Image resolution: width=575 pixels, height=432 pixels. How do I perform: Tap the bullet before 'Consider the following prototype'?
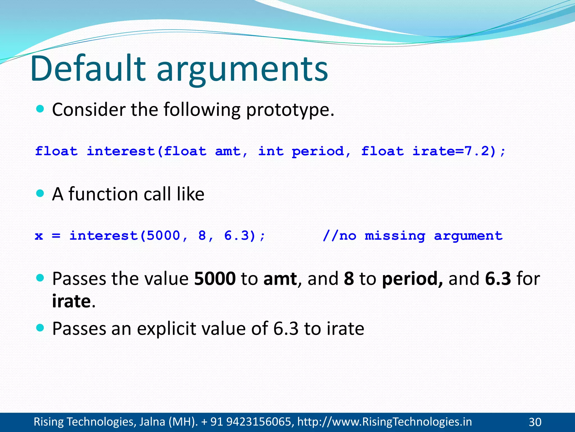click(x=40, y=109)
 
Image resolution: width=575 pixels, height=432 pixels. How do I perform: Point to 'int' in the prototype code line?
click(x=271, y=151)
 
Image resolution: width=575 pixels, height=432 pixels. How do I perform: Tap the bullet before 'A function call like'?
click(x=40, y=193)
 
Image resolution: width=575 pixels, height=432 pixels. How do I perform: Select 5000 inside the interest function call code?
click(x=163, y=236)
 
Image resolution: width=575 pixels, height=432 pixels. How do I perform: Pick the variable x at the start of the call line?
click(x=39, y=236)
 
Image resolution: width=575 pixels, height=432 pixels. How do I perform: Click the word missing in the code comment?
click(x=395, y=236)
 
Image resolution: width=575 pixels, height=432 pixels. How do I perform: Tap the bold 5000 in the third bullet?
click(x=215, y=279)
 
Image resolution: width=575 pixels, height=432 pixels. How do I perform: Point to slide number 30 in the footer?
click(x=535, y=422)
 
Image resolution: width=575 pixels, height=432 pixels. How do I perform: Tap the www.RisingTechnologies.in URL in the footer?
click(x=384, y=422)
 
